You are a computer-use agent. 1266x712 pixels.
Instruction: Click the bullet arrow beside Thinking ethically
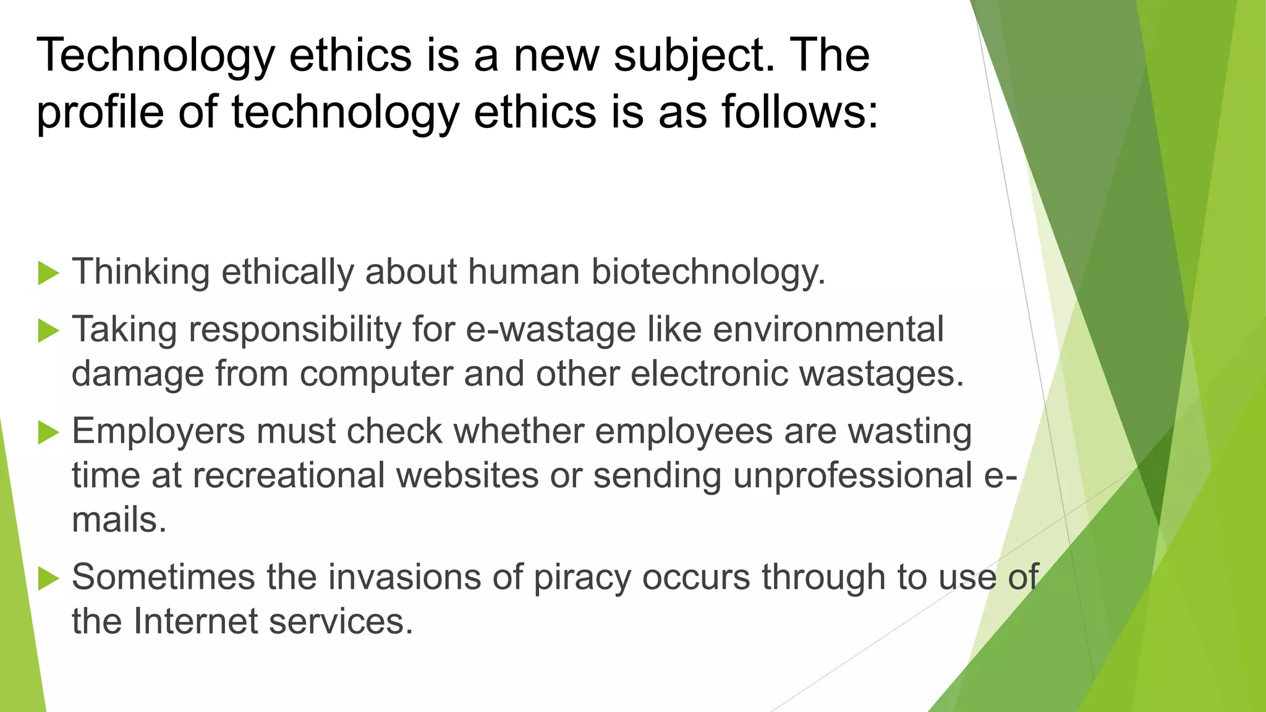click(x=48, y=273)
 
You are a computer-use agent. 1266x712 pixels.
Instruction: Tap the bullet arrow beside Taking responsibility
click(x=48, y=330)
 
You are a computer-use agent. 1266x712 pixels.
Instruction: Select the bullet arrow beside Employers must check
click(x=48, y=432)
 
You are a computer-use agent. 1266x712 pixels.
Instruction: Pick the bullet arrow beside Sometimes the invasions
click(x=48, y=578)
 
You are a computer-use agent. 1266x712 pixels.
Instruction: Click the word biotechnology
click(x=708, y=273)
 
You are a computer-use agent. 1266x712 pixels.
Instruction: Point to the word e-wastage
click(x=550, y=330)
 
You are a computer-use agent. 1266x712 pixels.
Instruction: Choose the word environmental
click(x=828, y=329)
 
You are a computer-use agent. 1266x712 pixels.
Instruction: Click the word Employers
click(x=158, y=432)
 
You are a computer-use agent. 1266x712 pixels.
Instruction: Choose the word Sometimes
click(x=163, y=577)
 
